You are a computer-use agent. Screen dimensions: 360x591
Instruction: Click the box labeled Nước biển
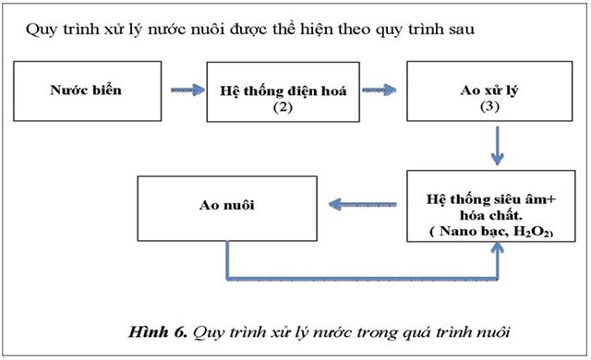pyautogui.click(x=85, y=92)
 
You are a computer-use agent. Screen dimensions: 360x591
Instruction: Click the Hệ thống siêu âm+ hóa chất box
pyautogui.click(x=488, y=206)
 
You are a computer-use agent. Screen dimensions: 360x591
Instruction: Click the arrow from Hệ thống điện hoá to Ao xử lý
pyautogui.click(x=380, y=90)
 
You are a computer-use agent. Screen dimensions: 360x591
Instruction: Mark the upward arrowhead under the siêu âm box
pyautogui.click(x=499, y=253)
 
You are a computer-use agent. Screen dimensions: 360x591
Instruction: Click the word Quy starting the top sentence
pyautogui.click(x=40, y=28)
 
